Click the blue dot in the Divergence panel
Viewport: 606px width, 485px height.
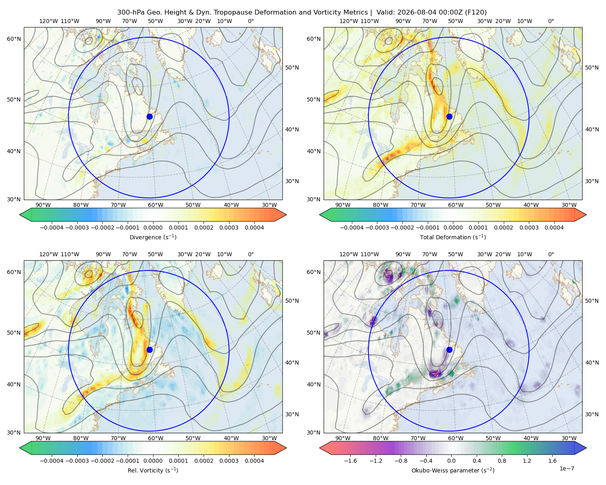149,116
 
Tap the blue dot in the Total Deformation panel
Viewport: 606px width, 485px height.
449,116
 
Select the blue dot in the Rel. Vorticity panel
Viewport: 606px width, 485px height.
149,350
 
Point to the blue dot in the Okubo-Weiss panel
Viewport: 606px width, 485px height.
449,350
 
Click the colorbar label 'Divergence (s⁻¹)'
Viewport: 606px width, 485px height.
153,237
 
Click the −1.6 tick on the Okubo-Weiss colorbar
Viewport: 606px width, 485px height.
350,461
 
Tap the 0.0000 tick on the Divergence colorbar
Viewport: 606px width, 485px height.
153,228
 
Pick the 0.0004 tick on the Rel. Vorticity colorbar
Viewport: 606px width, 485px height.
254,461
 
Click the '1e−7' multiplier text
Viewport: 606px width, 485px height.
566,468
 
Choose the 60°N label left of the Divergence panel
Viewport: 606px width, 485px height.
14,39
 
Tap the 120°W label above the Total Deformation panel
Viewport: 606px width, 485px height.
349,21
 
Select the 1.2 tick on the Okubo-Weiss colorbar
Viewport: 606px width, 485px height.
527,461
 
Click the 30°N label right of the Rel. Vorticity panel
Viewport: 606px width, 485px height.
292,414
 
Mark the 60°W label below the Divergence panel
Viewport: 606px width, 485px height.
156,205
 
